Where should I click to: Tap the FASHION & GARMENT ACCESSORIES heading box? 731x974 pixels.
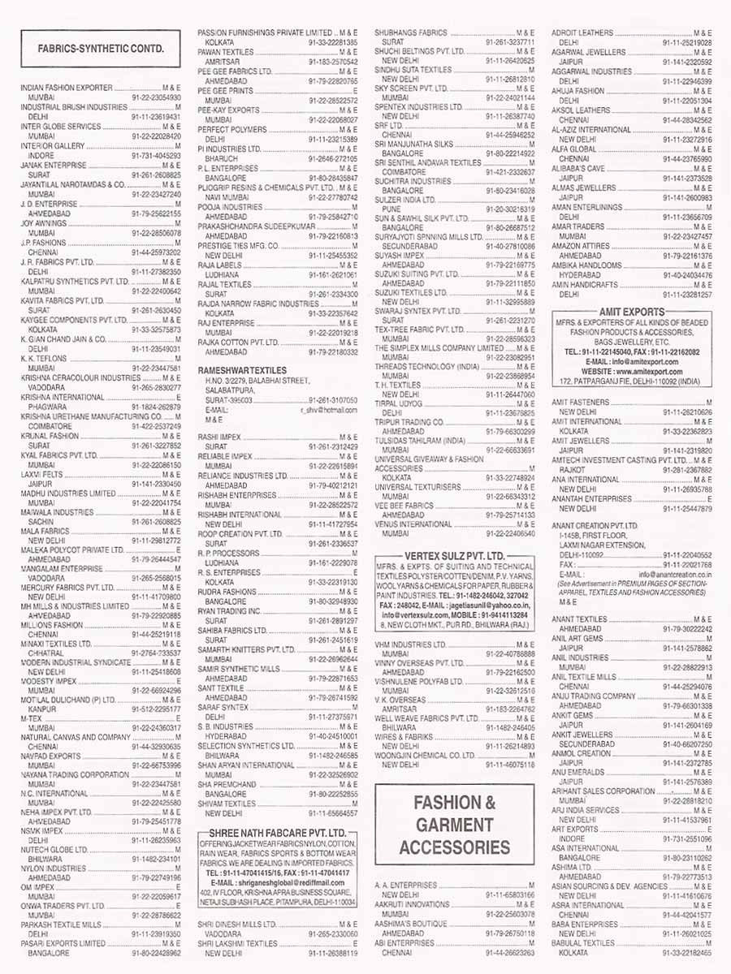[x=455, y=825]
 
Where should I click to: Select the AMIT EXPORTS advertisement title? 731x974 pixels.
[x=631, y=312]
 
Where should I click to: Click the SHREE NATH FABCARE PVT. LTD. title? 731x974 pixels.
[x=277, y=834]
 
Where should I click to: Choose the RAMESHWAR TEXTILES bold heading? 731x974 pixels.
[x=242, y=369]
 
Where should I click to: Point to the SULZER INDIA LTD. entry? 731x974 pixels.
[x=402, y=199]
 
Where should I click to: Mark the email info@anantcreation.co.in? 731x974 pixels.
[x=675, y=575]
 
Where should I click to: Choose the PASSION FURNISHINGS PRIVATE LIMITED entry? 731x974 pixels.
[x=264, y=32]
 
